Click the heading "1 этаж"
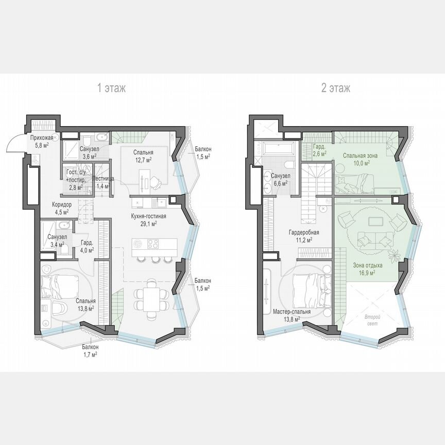112,88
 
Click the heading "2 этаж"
335,88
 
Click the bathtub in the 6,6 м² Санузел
278,148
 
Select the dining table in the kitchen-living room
152,298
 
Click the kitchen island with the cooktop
154,245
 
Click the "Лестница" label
101,179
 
